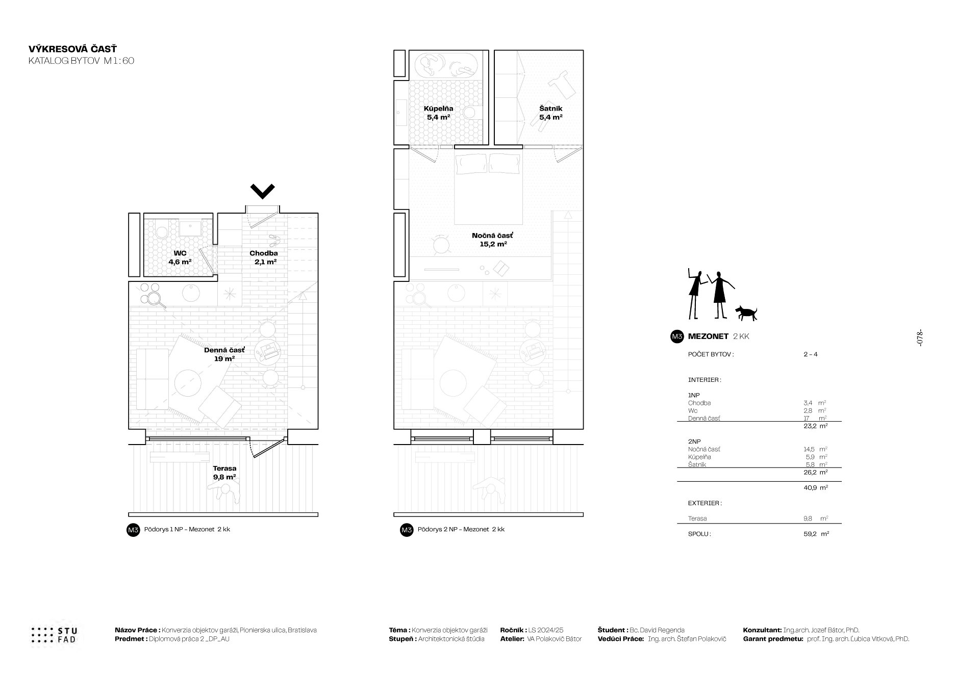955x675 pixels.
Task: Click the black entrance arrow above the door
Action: (263, 192)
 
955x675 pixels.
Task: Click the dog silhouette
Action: (746, 313)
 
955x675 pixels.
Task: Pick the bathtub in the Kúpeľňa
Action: (446, 65)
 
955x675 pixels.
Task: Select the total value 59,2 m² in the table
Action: (816, 534)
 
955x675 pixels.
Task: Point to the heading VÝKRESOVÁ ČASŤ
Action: (73, 49)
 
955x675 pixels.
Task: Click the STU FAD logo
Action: (55, 635)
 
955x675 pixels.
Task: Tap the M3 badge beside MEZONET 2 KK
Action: (677, 336)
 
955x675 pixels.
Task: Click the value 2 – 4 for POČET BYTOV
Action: (810, 354)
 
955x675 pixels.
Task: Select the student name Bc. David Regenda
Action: (658, 630)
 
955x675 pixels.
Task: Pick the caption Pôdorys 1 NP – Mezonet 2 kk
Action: (187, 529)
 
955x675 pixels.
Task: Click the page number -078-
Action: (920, 337)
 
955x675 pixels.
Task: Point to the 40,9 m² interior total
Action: (816, 487)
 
